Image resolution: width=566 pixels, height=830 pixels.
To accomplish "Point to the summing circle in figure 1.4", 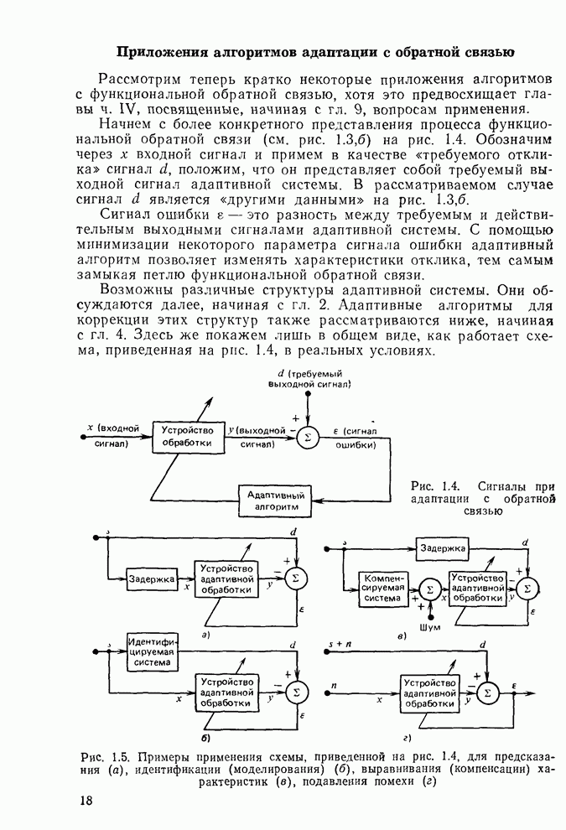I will (x=308, y=436).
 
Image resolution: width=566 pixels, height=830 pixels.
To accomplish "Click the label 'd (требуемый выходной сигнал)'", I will (x=309, y=378).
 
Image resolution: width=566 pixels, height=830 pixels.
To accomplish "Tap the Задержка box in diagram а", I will (x=152, y=579).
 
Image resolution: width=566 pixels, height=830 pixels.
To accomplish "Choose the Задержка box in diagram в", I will (x=443, y=548).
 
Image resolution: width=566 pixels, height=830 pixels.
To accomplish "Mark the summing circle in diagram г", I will (x=490, y=691).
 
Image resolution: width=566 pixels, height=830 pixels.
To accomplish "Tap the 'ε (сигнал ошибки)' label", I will (x=355, y=438).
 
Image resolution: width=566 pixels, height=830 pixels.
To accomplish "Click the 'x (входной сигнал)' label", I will (x=111, y=436).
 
